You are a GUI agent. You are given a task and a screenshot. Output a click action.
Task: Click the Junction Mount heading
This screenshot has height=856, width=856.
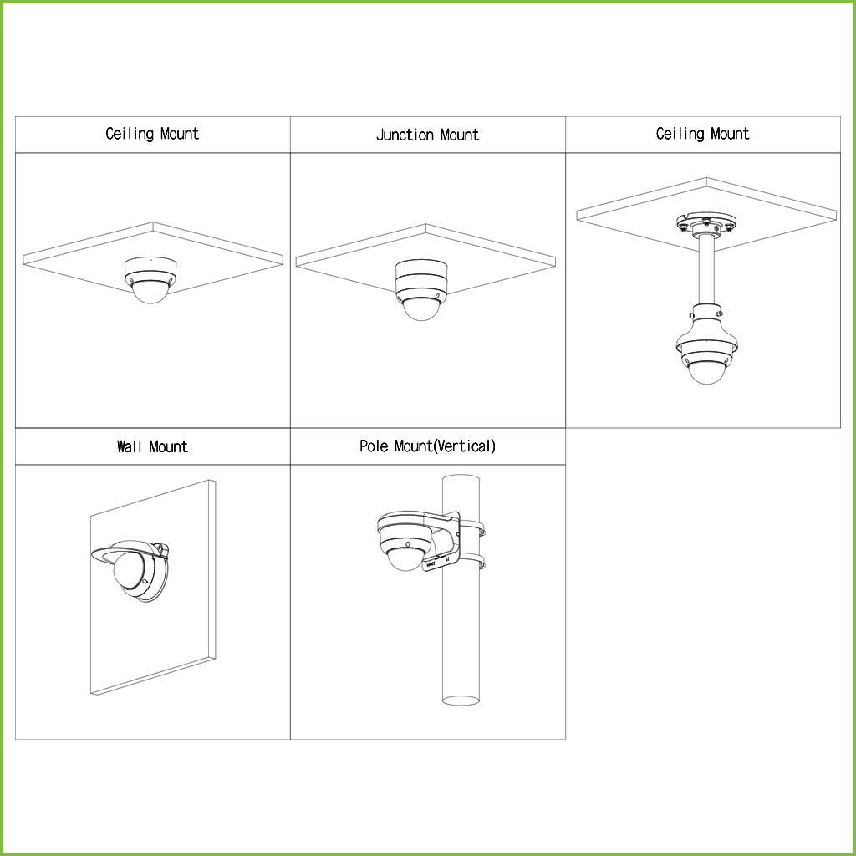click(427, 135)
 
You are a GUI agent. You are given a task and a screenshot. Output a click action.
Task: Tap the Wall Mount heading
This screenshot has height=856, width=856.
click(152, 446)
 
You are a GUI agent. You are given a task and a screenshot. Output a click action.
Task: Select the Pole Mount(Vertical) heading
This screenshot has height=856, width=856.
click(427, 446)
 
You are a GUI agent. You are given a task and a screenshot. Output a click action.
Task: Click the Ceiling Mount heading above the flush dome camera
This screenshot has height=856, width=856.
click(152, 134)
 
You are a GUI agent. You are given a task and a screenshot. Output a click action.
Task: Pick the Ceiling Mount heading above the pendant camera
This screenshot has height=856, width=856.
click(702, 134)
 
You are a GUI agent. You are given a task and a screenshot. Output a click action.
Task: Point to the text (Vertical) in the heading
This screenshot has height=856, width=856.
click(465, 446)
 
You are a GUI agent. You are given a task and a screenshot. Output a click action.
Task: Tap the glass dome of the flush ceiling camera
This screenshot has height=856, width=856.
click(150, 292)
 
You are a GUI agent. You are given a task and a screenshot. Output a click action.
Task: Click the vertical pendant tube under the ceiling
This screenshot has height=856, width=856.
click(706, 270)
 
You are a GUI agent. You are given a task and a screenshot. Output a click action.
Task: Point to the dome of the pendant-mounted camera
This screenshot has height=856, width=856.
click(707, 372)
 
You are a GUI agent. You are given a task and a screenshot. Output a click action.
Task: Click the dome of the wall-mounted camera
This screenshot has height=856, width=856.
click(128, 569)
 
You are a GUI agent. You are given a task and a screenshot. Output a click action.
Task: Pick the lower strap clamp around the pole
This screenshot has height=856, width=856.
click(473, 562)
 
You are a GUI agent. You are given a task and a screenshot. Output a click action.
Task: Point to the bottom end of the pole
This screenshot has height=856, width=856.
click(461, 701)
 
